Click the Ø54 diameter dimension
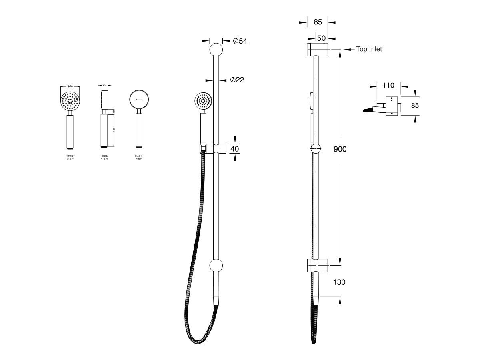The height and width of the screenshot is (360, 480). (240, 41)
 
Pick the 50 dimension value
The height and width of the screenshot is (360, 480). (321, 38)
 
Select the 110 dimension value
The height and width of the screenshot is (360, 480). (388, 85)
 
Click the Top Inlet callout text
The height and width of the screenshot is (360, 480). (369, 49)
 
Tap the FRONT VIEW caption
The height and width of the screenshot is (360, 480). (70, 157)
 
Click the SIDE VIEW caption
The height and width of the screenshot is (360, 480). (104, 157)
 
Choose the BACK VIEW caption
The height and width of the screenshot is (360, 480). (139, 157)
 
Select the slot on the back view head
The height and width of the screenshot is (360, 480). (139, 99)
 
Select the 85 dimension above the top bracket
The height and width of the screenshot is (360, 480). (318, 22)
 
